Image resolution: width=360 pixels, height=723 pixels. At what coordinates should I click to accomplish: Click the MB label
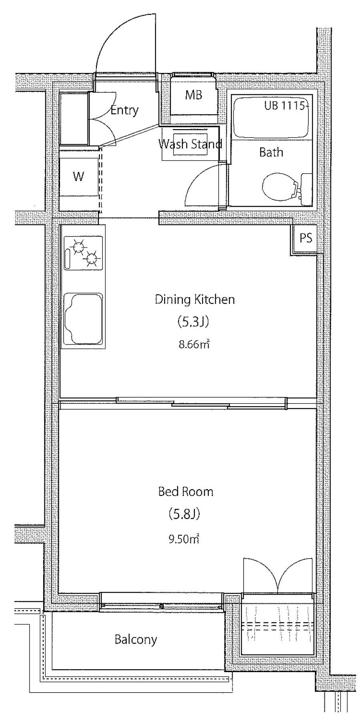[194, 95]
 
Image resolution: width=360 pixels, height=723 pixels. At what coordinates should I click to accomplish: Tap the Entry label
[124, 110]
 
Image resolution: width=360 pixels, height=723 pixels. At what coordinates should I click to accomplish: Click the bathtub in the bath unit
[272, 118]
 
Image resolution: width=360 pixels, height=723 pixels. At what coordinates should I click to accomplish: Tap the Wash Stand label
[190, 144]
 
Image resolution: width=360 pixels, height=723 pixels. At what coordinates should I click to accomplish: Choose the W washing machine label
[78, 176]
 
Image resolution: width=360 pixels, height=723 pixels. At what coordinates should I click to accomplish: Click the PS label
[306, 238]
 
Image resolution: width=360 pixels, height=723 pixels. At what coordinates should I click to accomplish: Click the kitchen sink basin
[83, 319]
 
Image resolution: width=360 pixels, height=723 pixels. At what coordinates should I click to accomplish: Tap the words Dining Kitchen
[195, 299]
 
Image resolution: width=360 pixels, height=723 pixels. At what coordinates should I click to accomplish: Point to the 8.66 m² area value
[194, 344]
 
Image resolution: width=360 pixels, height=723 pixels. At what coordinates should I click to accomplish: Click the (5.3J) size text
[193, 322]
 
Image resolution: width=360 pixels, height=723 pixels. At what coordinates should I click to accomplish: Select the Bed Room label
[186, 491]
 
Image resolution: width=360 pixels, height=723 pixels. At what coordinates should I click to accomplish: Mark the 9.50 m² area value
[184, 539]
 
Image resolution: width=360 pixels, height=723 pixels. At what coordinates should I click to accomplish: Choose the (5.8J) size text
[184, 514]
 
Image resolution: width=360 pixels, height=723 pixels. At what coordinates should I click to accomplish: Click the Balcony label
[136, 640]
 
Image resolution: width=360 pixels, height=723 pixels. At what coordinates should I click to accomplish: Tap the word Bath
[271, 152]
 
